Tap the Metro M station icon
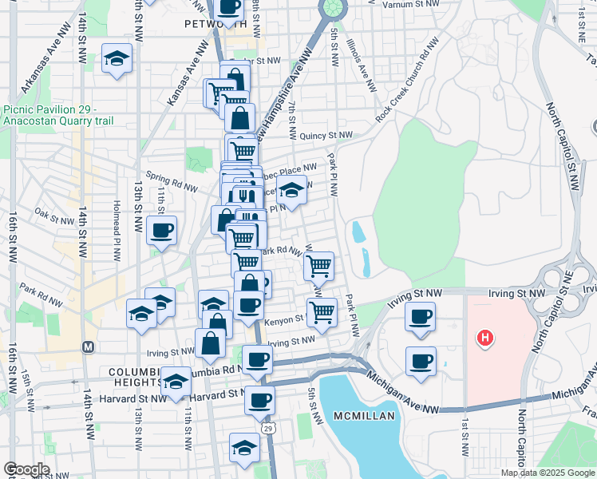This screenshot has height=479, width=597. pos(89,347)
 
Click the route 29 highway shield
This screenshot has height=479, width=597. pos(271,430)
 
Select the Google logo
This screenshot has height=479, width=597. pos(26,469)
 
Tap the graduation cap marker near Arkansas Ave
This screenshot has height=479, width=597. pos(117,58)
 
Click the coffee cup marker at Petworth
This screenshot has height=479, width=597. pos(229,7)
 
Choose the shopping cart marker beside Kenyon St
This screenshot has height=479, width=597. pos(322,311)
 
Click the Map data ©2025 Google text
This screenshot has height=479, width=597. pos(548,473)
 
